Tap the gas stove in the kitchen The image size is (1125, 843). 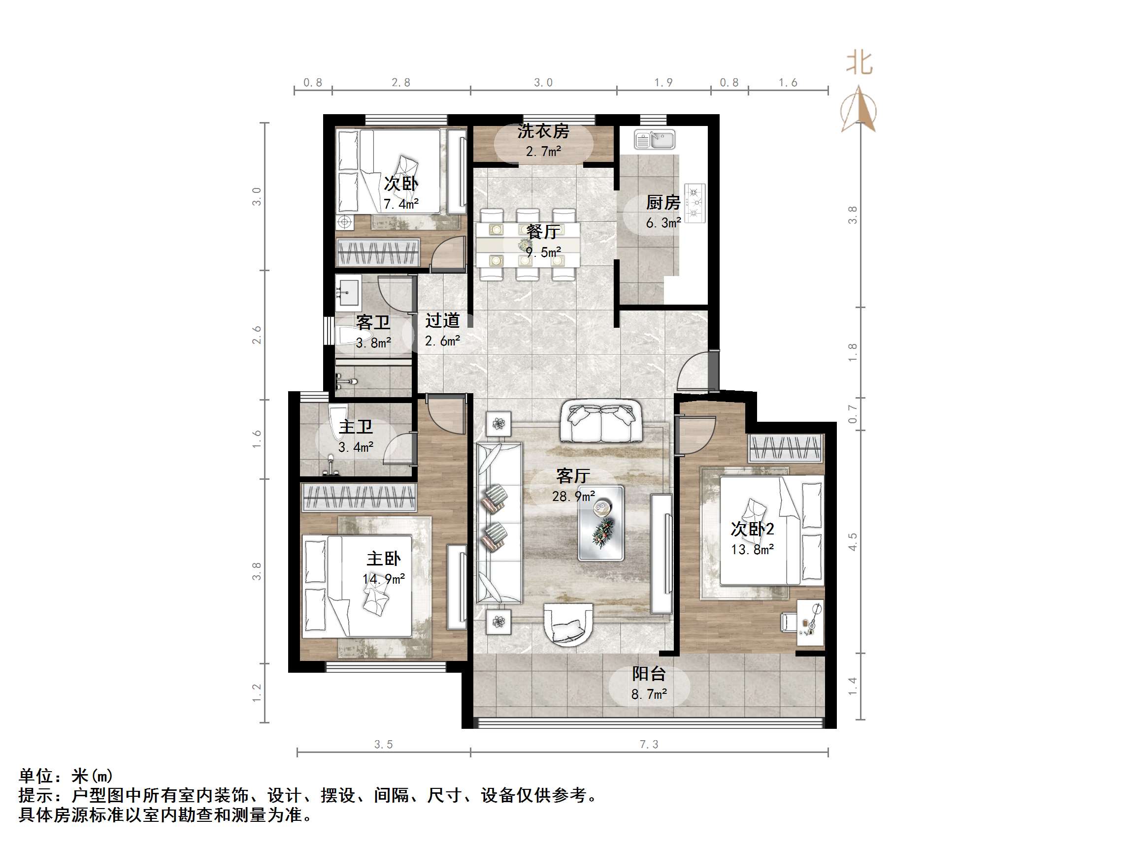pyautogui.click(x=694, y=203)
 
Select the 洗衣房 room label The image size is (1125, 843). pyautogui.click(x=543, y=131)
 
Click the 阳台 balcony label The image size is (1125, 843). pyautogui.click(x=649, y=674)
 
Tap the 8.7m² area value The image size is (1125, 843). pyautogui.click(x=649, y=694)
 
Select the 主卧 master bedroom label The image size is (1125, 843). pyautogui.click(x=384, y=559)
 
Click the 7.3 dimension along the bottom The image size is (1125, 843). pyautogui.click(x=649, y=745)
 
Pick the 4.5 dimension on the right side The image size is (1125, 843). pyautogui.click(x=853, y=542)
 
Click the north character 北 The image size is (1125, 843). pyautogui.click(x=859, y=63)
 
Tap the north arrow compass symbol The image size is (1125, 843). pyautogui.click(x=859, y=109)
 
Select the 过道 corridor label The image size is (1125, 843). pyautogui.click(x=442, y=321)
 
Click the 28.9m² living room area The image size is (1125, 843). pyautogui.click(x=573, y=496)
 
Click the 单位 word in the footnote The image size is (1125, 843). pyautogui.click(x=36, y=776)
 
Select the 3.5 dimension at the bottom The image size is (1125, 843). pyautogui.click(x=384, y=745)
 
